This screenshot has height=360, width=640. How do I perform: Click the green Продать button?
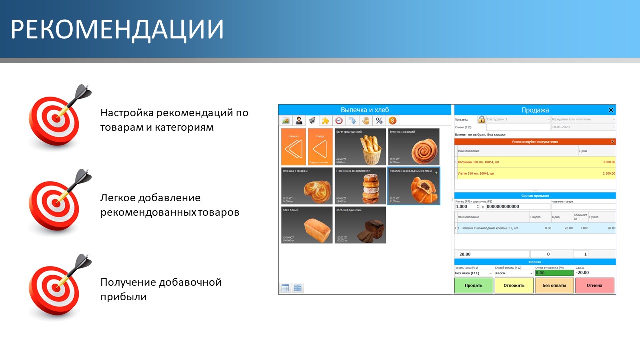pos(473,286)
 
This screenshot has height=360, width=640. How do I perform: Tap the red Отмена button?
pos(595,286)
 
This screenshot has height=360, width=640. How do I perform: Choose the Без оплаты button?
pos(554,286)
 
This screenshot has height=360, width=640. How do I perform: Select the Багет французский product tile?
pos(360,147)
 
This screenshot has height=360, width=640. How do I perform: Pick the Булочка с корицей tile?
pos(414,147)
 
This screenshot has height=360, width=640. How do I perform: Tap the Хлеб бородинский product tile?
pos(360,225)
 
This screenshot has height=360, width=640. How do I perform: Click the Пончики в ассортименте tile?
pos(360,186)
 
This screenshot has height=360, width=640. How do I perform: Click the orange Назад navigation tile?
pos(320,147)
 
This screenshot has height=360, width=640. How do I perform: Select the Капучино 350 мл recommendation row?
pos(535,162)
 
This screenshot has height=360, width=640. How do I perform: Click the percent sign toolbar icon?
pos(379,121)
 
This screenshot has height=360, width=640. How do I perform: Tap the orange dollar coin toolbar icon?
pos(392,121)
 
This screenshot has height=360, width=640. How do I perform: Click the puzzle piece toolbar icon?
pos(325,121)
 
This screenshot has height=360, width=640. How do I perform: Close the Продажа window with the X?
pos(611,110)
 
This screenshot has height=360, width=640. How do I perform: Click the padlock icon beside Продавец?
pos(481,120)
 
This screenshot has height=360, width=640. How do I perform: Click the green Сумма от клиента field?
pos(554,273)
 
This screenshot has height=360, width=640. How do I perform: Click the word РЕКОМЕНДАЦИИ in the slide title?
pos(117,30)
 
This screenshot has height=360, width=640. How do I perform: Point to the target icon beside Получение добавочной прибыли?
pos(55,285)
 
